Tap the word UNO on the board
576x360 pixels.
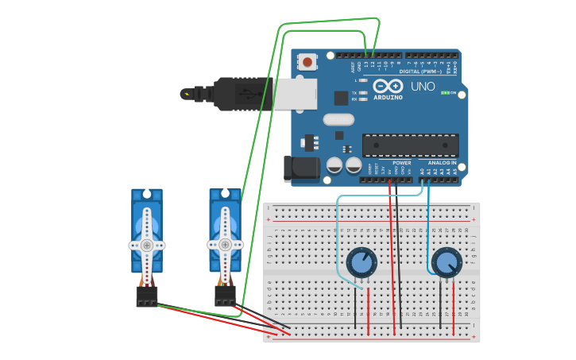423,86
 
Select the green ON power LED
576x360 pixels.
446,93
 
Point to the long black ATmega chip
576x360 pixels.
410,145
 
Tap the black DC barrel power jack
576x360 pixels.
302,168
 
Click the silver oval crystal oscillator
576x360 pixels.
338,119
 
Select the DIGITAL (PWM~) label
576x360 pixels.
420,71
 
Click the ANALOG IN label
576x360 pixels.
442,162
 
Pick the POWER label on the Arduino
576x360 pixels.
401,162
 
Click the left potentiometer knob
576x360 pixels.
361,262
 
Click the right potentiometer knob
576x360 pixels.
446,262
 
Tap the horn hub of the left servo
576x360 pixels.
147,245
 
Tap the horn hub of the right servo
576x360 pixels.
225,245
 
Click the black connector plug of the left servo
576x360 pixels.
147,296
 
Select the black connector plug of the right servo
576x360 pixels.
225,296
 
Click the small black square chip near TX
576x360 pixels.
342,98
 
